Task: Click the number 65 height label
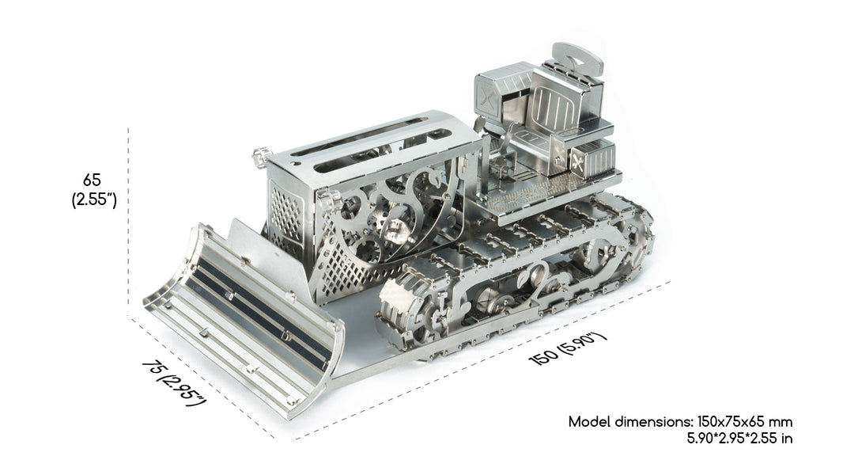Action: pos(92,179)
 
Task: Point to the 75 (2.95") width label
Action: pos(174,383)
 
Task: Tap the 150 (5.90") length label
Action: pos(568,348)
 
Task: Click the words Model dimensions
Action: pos(630,422)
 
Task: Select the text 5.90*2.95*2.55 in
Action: pos(739,438)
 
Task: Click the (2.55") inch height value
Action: pos(94,199)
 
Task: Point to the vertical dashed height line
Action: pos(128,222)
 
